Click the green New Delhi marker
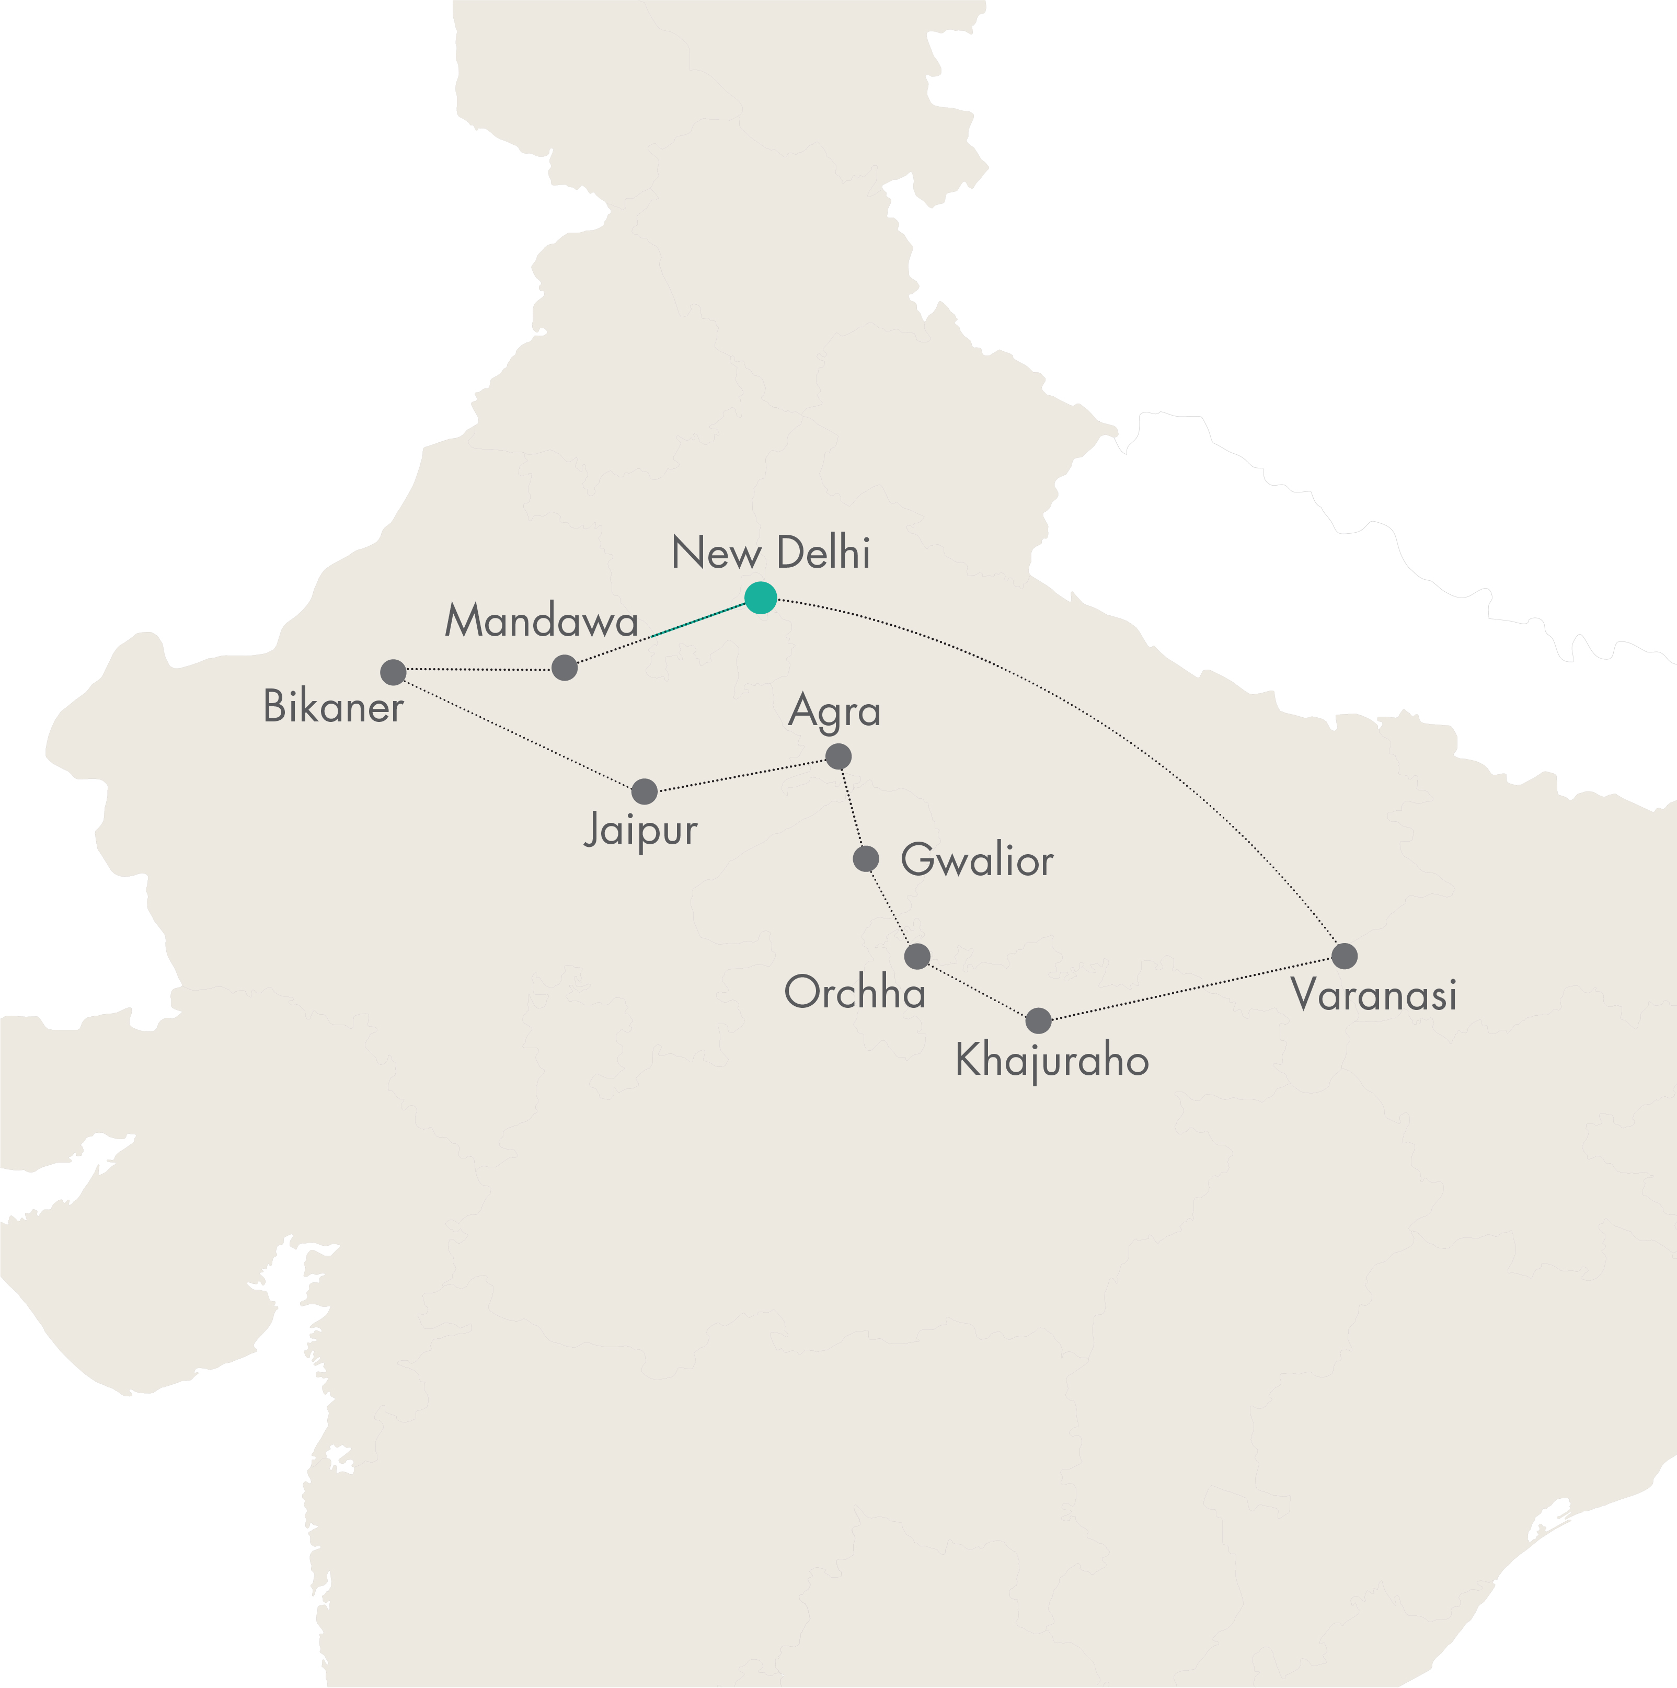[x=760, y=598]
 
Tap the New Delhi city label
[x=771, y=553]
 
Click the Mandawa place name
[x=541, y=621]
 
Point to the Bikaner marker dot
[x=393, y=672]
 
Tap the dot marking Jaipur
[x=644, y=791]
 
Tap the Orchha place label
[x=855, y=993]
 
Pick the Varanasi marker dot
[x=1344, y=956]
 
